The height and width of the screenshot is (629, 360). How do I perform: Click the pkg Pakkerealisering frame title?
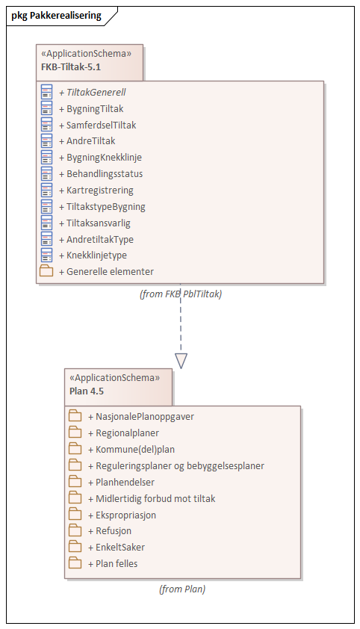click(57, 15)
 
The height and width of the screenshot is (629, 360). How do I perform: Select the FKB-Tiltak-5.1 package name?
click(71, 67)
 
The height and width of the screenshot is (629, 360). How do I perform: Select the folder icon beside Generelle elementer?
click(46, 271)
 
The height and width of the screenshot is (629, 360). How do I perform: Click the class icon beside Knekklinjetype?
click(46, 255)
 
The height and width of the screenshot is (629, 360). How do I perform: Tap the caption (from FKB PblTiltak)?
click(181, 294)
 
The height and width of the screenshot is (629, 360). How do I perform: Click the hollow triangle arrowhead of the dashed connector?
click(181, 360)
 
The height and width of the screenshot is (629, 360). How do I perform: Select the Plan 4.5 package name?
click(86, 390)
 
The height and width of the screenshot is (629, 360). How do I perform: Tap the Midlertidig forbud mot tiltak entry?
click(152, 498)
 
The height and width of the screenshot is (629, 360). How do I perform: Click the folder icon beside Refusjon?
click(75, 531)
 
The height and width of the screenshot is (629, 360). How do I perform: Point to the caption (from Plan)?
click(182, 589)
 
